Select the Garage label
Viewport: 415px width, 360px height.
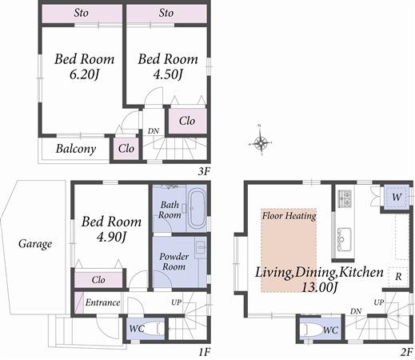(35, 244)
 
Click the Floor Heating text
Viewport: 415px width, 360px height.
(289, 215)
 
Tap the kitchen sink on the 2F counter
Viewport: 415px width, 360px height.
(344, 239)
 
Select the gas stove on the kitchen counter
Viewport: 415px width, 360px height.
(345, 198)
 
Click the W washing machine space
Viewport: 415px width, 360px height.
(397, 198)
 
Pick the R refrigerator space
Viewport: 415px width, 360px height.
(398, 277)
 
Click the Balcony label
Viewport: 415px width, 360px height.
(76, 149)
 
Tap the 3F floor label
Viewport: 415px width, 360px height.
(204, 171)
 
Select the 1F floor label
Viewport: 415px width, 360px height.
(204, 353)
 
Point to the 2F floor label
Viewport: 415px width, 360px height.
(406, 353)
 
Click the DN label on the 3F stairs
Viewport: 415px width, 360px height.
(154, 131)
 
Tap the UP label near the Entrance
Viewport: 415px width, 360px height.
(176, 302)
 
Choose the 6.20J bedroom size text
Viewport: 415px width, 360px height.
(84, 74)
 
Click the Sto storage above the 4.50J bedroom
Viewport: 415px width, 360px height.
(166, 14)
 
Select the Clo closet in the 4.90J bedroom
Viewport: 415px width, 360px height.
(98, 279)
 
